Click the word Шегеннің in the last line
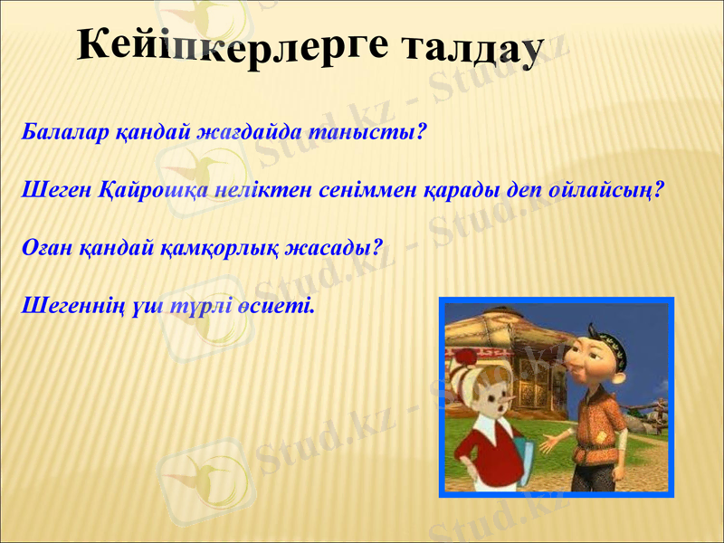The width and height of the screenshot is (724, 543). point(73,305)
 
